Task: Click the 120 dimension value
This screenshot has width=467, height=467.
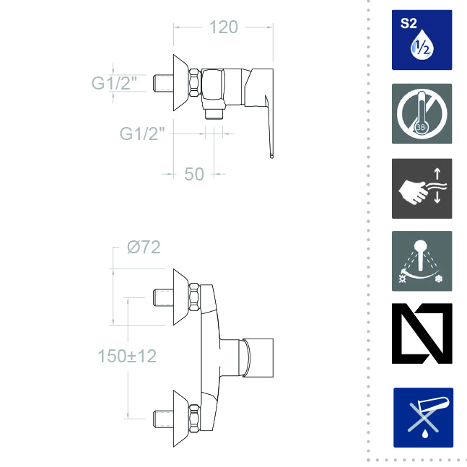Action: click(223, 27)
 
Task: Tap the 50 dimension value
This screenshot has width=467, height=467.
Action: click(194, 174)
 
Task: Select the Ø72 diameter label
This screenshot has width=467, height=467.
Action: click(144, 247)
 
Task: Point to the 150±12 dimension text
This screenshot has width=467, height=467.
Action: click(127, 356)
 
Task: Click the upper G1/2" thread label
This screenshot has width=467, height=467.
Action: click(114, 83)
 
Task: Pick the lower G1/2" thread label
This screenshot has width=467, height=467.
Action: click(142, 134)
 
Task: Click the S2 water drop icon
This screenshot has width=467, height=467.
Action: click(422, 40)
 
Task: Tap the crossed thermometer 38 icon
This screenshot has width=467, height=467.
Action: click(422, 114)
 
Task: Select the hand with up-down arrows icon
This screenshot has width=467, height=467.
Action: click(422, 188)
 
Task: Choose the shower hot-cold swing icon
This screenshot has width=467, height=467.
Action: click(422, 261)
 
